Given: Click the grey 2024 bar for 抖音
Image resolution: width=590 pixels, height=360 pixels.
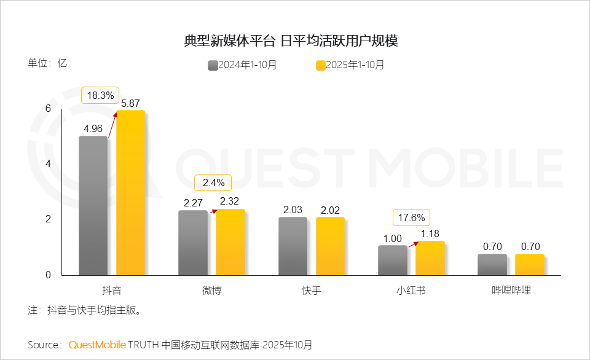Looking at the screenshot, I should tap(93, 206).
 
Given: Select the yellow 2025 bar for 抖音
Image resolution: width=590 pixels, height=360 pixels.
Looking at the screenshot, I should tap(130, 193).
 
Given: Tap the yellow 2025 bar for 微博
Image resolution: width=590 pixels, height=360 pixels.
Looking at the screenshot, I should tap(230, 243).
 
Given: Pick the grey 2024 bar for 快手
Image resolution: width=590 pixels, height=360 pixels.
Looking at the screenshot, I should tap(293, 246).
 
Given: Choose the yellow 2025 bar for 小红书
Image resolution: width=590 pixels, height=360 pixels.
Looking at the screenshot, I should tap(430, 258).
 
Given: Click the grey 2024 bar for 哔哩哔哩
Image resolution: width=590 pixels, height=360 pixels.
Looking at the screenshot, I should tap(492, 265).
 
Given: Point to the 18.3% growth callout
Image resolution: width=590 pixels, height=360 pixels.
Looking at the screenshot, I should tap(100, 95).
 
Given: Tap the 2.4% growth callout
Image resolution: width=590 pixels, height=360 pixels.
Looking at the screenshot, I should tap(213, 182).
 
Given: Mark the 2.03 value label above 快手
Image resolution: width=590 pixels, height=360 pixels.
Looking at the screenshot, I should tap(293, 210).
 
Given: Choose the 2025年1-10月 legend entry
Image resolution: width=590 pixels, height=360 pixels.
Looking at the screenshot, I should tap(350, 65).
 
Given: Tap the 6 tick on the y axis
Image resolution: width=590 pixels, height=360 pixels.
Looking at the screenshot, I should tap(48, 109).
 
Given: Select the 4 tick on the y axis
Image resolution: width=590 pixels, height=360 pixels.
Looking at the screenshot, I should tap(48, 164).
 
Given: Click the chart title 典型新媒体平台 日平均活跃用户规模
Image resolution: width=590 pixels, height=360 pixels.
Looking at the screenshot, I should tap(291, 41).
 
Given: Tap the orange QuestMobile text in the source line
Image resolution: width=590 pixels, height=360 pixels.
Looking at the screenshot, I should tap(97, 345).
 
